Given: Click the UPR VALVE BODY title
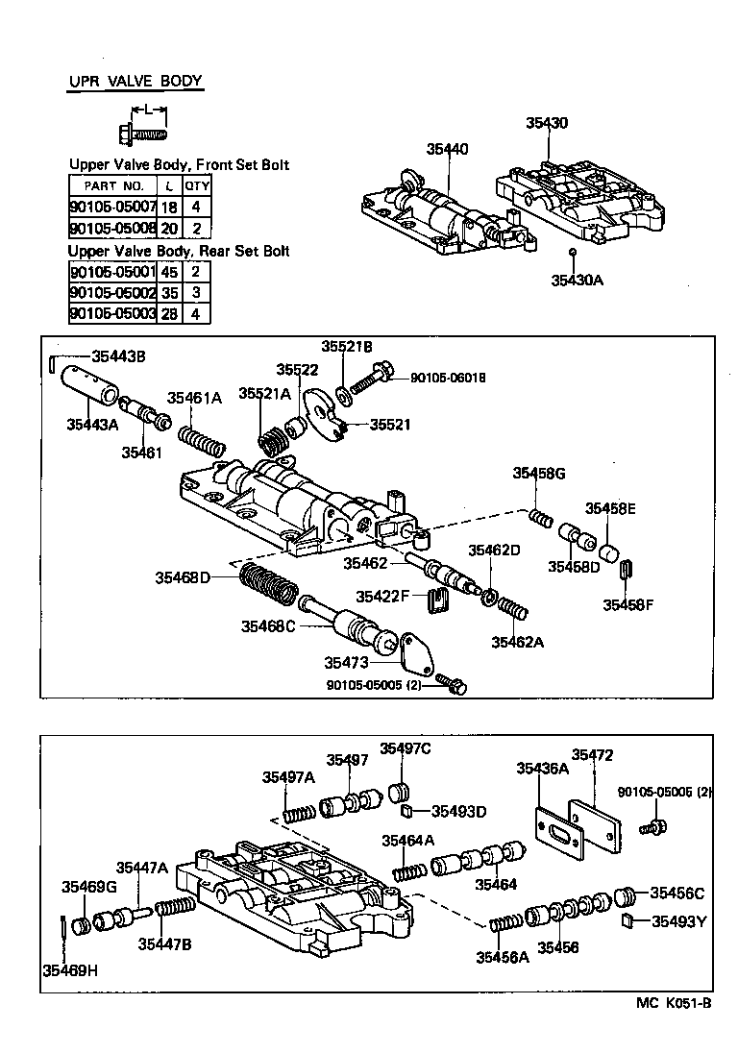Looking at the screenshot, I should [x=135, y=81].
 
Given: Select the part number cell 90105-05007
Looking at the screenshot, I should [x=112, y=207].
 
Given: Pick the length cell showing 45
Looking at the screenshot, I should [x=168, y=271].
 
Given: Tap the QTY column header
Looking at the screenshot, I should [x=197, y=185].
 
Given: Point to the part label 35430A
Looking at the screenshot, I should [x=578, y=281].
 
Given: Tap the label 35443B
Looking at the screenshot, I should [x=119, y=355].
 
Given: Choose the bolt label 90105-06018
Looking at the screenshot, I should [x=447, y=379].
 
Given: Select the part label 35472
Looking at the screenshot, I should [x=592, y=755].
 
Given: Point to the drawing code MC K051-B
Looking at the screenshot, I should [x=673, y=1004].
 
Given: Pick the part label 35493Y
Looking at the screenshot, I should [x=678, y=921].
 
